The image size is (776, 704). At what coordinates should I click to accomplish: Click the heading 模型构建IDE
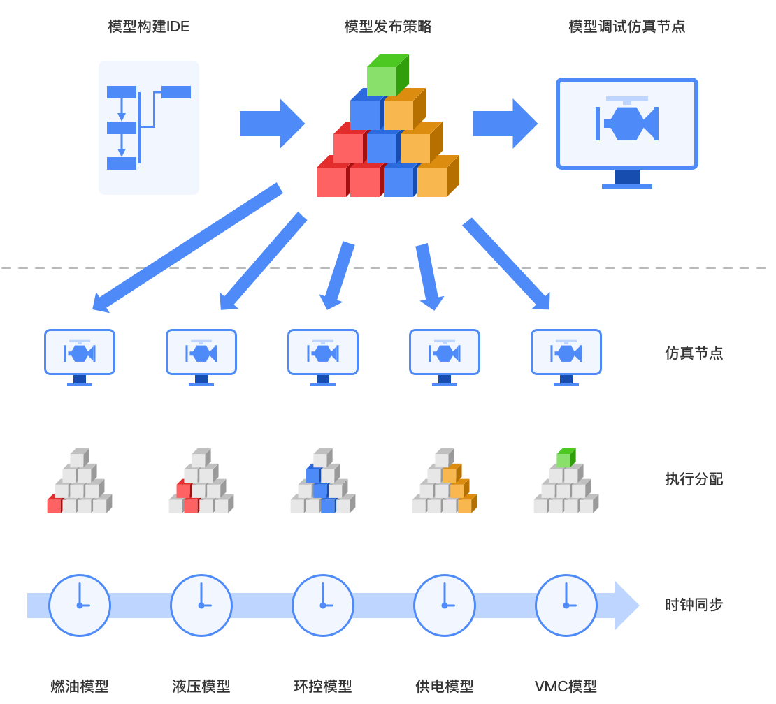click(149, 27)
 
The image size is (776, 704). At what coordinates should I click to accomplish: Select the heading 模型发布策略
click(388, 27)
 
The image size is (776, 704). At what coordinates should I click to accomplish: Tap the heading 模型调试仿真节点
click(627, 27)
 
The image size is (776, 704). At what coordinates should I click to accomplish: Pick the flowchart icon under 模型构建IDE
click(149, 127)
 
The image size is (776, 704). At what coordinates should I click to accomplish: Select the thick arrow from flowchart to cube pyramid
click(272, 124)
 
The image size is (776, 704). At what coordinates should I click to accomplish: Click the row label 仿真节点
click(694, 353)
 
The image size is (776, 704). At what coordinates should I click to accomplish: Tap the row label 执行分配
click(694, 479)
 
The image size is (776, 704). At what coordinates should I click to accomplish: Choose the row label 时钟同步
click(694, 605)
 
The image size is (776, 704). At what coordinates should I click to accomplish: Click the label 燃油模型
click(80, 686)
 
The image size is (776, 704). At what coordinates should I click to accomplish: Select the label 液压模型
click(201, 686)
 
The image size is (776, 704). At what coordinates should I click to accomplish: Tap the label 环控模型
click(323, 686)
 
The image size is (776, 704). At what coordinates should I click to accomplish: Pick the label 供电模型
click(445, 686)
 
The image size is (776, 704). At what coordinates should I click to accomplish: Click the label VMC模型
click(566, 686)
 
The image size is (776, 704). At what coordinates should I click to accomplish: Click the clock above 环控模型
click(323, 605)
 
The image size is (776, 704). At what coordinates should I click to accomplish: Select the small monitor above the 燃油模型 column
click(80, 352)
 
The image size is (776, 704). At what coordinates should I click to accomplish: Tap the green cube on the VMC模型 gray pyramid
click(565, 459)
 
